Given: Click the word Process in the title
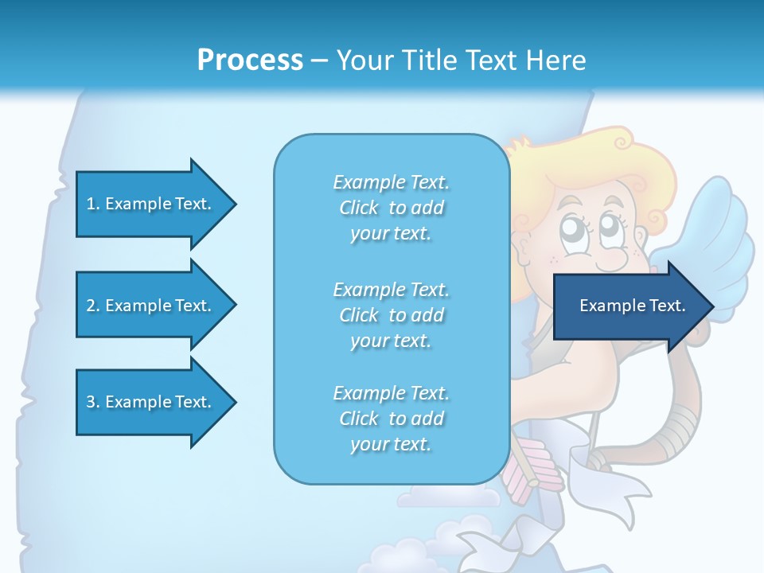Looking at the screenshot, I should [x=250, y=60].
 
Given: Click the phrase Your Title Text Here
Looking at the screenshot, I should [x=461, y=60].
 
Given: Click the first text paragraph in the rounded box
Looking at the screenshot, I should [x=391, y=208].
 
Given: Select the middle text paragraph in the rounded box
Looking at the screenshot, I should [x=391, y=315].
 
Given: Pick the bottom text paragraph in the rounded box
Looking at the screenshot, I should [x=391, y=419].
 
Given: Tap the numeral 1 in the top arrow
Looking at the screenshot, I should [x=90, y=204].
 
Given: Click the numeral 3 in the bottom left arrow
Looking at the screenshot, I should [x=90, y=402].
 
